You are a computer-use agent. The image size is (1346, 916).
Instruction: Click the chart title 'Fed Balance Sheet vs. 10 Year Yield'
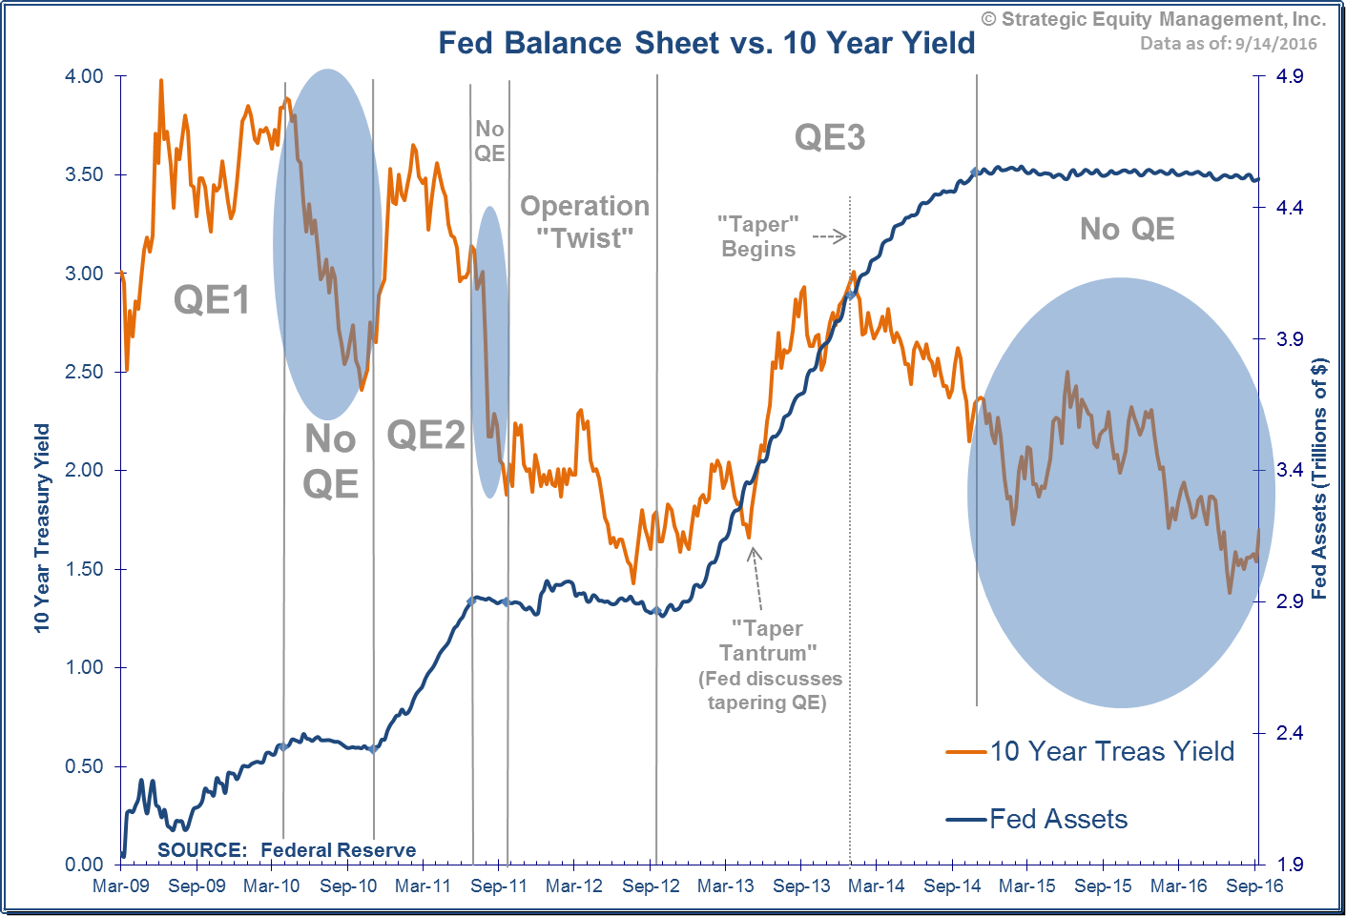point(706,43)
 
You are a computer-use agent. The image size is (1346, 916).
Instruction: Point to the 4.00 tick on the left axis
point(84,76)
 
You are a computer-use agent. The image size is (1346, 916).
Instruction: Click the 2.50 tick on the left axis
point(84,372)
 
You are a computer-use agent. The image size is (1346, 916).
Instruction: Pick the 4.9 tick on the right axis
point(1290,76)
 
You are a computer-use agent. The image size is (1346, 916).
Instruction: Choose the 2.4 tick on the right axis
point(1290,732)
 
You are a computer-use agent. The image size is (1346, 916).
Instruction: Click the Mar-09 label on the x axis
point(121,885)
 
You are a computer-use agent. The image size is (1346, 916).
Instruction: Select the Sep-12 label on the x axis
point(651,885)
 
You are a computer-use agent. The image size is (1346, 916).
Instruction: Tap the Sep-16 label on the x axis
point(1254,885)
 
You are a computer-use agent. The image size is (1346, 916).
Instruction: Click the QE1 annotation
point(211,300)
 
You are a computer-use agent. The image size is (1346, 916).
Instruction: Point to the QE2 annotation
point(425,436)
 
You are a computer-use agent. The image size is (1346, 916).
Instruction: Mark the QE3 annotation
point(830,138)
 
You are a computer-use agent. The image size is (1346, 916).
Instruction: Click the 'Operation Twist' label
point(585,221)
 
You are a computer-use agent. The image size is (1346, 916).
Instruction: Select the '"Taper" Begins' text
point(758,236)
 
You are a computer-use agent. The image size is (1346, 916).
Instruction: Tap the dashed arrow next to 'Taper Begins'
point(829,236)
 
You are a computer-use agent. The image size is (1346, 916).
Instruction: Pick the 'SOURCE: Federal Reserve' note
point(286,849)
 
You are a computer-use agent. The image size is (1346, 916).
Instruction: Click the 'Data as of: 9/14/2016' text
point(1228,43)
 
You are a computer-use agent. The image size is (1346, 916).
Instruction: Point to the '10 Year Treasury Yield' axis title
point(42,527)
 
